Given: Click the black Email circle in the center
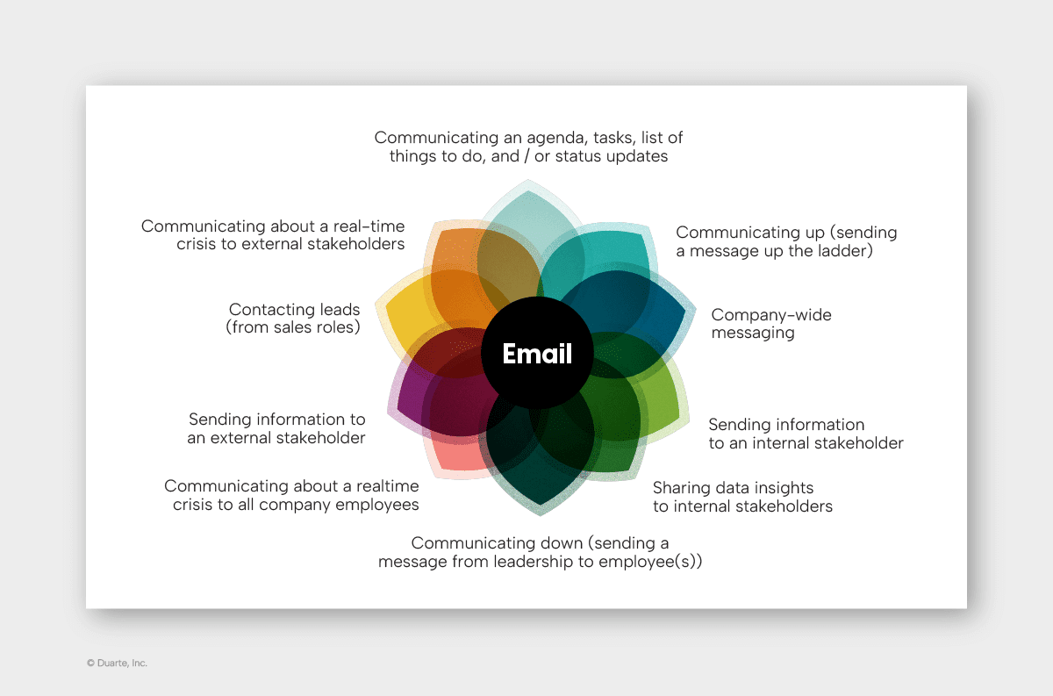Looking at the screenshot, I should pyautogui.click(x=537, y=377).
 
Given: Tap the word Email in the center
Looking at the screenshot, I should pyautogui.click(x=537, y=354).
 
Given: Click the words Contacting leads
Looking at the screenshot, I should pyautogui.click(x=294, y=310).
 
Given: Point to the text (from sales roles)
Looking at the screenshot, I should pyautogui.click(x=292, y=328).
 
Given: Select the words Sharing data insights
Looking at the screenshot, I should pyautogui.click(x=733, y=488).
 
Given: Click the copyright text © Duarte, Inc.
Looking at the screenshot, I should pyautogui.click(x=117, y=664).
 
